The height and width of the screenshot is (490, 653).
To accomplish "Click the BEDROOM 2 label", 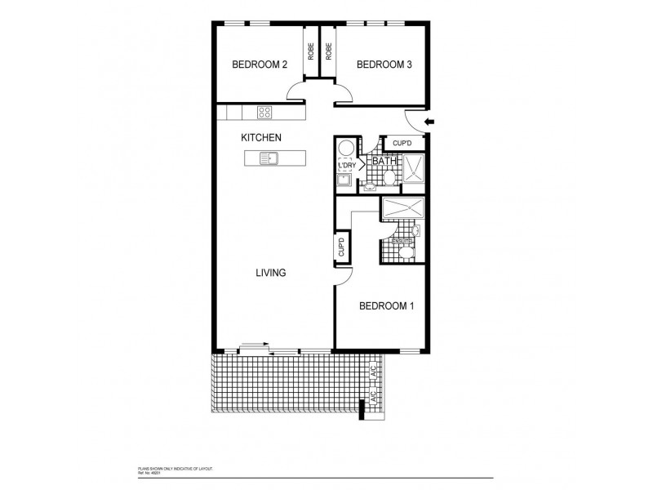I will [x=259, y=65].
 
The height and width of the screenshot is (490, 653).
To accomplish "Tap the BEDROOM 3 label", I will [x=383, y=65].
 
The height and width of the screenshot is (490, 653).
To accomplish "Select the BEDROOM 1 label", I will [x=387, y=306].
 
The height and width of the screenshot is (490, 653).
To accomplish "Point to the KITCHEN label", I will [x=261, y=138].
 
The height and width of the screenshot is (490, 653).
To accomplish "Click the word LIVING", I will [x=270, y=273].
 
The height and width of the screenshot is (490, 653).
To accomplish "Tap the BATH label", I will [x=384, y=162].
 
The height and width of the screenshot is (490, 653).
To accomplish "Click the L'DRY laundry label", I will [x=346, y=166].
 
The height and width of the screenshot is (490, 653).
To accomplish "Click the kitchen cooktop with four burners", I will [x=265, y=112].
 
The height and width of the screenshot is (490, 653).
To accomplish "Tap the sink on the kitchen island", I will [x=270, y=158].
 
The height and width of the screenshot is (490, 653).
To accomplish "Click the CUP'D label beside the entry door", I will [x=402, y=144].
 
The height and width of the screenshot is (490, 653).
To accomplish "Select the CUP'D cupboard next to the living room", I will [x=342, y=245].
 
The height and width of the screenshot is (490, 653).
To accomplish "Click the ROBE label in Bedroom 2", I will [x=311, y=51].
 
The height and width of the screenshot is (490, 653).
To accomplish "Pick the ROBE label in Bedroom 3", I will [x=328, y=51].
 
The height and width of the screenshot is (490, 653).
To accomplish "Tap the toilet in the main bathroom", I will [x=389, y=178].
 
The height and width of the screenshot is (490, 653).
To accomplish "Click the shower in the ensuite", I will [x=402, y=208].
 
